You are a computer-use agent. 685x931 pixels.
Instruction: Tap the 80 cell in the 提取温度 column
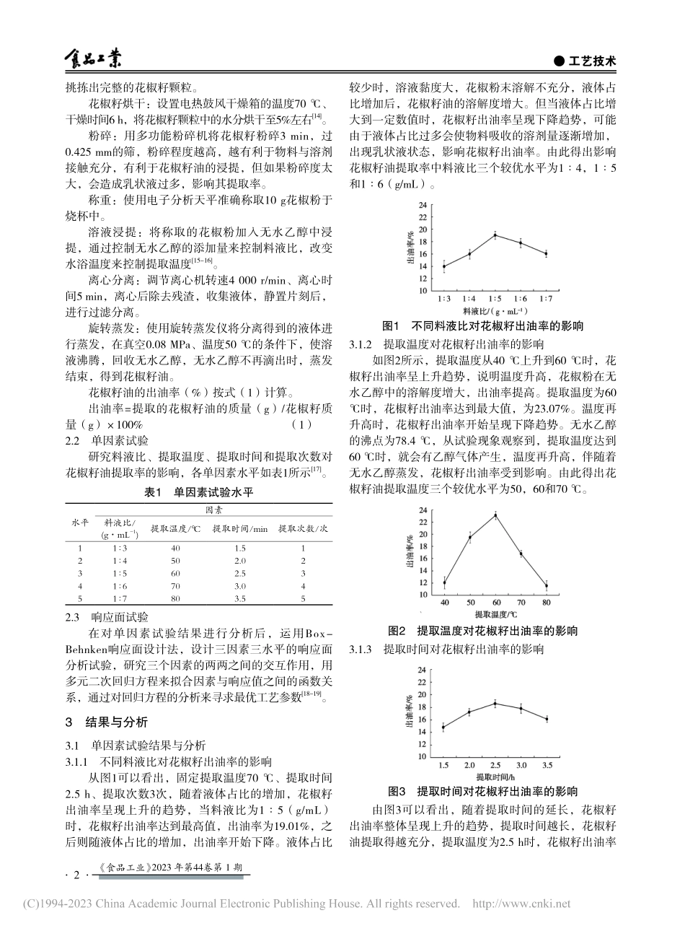pos(175,598)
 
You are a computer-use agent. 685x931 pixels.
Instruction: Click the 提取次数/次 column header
pos(303,528)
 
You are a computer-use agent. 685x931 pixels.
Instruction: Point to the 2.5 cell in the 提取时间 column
pos(239,572)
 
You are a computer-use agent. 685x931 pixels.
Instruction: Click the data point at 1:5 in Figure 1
pos(495,235)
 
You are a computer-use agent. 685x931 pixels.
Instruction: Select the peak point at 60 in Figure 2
pos(495,515)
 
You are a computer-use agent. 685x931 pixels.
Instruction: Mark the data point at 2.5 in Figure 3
pos(495,703)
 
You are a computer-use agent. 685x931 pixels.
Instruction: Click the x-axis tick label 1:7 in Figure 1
pos(546,297)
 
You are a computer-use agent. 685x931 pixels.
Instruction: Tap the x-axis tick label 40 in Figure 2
pos(444,602)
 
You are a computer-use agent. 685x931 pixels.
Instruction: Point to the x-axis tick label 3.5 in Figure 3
pos(547,764)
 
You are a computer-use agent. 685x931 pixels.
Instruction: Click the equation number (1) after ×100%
pos(302,424)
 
